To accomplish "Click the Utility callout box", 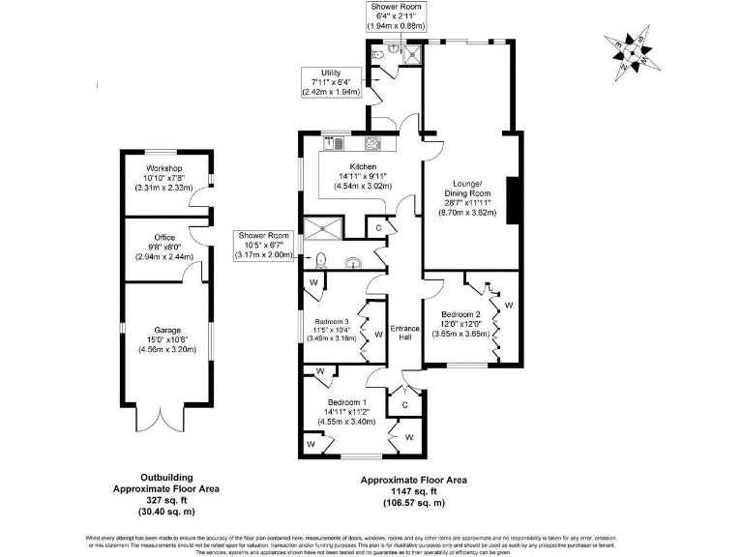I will click(329, 81).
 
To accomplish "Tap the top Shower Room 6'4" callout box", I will click(397, 16).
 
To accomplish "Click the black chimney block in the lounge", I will click(515, 198).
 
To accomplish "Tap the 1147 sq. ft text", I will click(413, 491).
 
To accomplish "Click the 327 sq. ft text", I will click(166, 500).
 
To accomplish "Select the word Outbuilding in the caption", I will click(166, 478).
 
